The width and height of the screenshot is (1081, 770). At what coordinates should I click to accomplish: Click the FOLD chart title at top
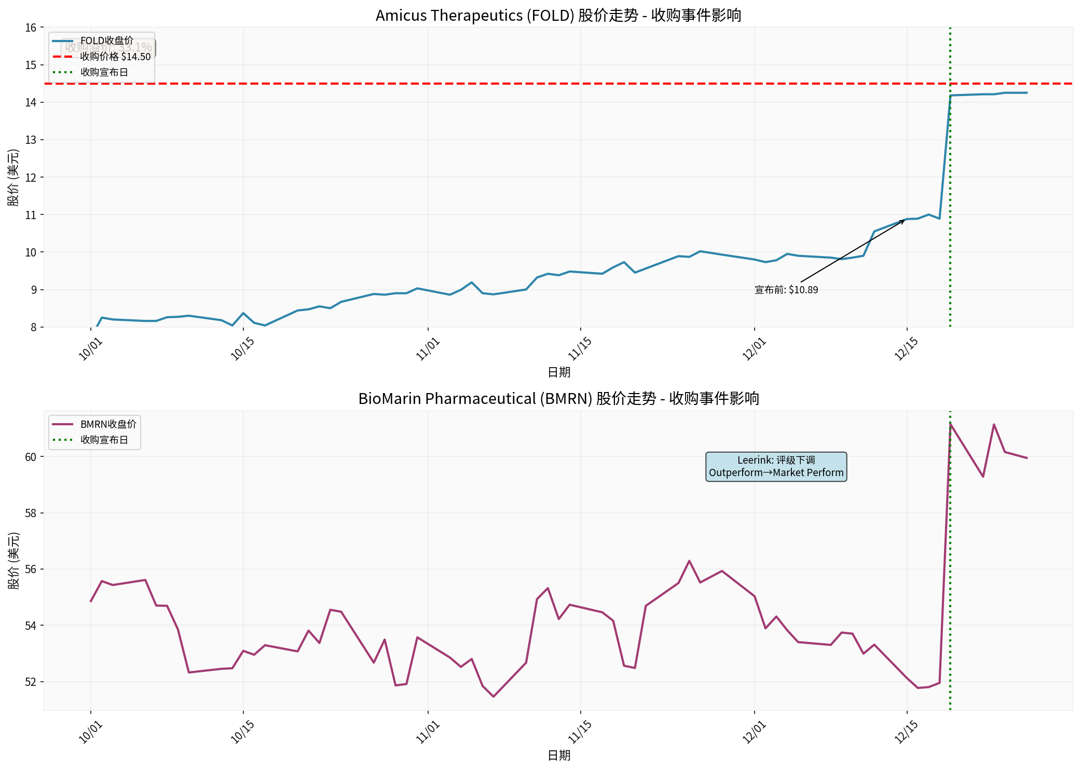[558, 16]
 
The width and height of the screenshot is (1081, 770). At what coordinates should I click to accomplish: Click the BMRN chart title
[558, 399]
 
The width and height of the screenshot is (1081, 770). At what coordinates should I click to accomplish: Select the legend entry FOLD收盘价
[106, 40]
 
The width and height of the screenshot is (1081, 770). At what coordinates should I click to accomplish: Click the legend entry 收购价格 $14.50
[115, 57]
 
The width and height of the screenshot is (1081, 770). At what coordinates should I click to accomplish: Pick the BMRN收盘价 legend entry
[108, 424]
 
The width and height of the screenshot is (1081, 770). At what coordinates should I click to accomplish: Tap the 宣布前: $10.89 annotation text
[786, 290]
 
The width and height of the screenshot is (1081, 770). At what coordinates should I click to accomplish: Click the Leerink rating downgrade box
[776, 466]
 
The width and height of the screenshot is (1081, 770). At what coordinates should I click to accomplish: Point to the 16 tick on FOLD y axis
[31, 28]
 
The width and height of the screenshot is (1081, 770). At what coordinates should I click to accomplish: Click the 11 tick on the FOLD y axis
[31, 215]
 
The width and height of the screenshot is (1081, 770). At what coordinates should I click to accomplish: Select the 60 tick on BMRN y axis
[31, 457]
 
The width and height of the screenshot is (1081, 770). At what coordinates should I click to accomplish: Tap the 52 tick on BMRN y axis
[31, 682]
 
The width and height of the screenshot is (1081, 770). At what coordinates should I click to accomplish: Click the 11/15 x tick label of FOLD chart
[580, 349]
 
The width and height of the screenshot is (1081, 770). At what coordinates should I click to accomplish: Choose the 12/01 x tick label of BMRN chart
[754, 732]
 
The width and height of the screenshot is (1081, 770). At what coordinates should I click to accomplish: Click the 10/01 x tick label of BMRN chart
[90, 732]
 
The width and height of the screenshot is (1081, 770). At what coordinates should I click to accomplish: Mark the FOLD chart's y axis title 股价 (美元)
[13, 178]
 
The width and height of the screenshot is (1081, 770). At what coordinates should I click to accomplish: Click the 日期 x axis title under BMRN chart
[559, 755]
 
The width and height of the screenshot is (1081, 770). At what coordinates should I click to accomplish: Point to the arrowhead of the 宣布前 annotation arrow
[904, 221]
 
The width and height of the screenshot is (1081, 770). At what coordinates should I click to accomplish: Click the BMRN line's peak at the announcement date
[950, 424]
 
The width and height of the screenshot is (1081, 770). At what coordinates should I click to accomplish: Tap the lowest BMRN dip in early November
[493, 696]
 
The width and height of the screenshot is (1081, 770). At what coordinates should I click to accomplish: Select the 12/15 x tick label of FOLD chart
[906, 349]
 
